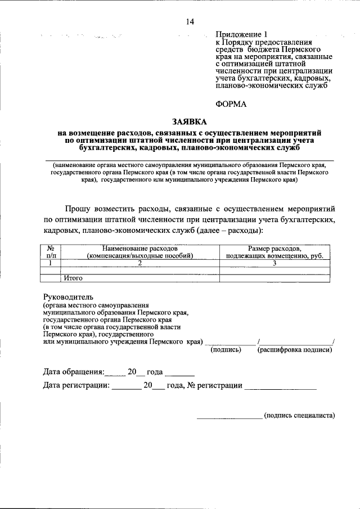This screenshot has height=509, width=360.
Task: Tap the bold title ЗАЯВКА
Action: (190, 121)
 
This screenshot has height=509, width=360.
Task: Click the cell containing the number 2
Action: (140, 262)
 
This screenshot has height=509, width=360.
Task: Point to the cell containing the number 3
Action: (274, 262)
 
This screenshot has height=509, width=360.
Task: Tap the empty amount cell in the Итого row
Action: (274, 277)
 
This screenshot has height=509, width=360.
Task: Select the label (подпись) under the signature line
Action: (226, 350)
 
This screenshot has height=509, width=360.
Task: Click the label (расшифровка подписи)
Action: (294, 350)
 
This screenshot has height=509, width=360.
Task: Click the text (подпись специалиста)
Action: (299, 416)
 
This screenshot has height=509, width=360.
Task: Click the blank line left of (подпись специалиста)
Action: (229, 417)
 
